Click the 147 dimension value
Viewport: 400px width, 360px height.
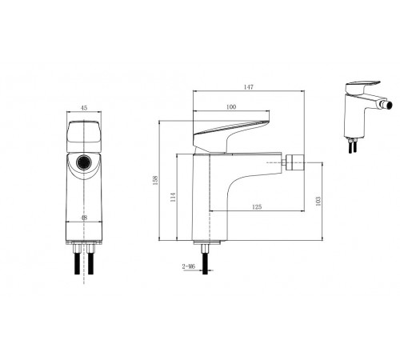coord(249,87)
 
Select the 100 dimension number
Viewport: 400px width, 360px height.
coord(231,107)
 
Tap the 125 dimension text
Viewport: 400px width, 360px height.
coord(257,206)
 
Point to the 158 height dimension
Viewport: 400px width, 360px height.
coord(155,180)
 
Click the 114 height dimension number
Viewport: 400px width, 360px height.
coord(173,197)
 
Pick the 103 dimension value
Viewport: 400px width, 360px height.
coord(318,201)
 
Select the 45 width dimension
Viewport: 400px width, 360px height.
coord(84,108)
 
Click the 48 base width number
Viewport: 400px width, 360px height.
coord(84,218)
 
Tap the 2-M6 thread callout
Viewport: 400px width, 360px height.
coord(189,266)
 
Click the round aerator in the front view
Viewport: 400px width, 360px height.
coord(84,162)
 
